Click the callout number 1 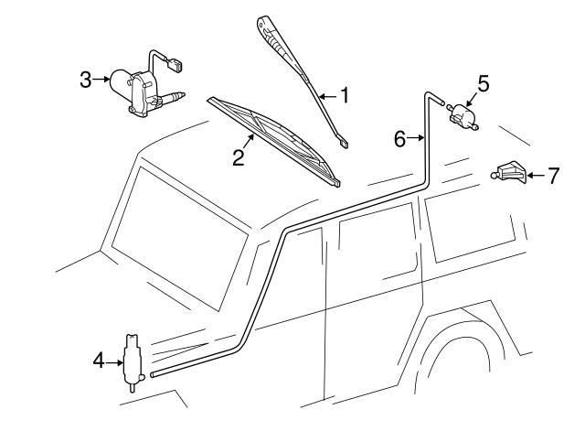[x=346, y=93]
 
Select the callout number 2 [x=238, y=156]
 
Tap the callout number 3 [x=86, y=80]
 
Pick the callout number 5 [x=484, y=84]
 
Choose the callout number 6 [x=399, y=139]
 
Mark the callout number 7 [x=552, y=175]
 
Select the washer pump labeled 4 [x=131, y=359]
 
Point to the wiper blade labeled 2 [x=274, y=138]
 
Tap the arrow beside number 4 [x=113, y=361]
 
